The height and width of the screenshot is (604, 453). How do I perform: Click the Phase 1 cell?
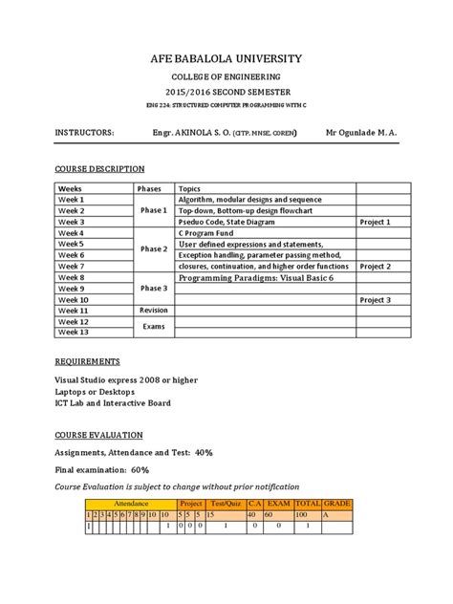[153, 210]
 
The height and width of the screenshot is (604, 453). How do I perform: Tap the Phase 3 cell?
[153, 288]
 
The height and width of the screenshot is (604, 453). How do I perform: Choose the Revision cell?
[153, 311]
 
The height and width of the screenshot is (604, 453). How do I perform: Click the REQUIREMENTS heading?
[87, 363]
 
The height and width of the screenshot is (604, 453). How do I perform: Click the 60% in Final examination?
[140, 469]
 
